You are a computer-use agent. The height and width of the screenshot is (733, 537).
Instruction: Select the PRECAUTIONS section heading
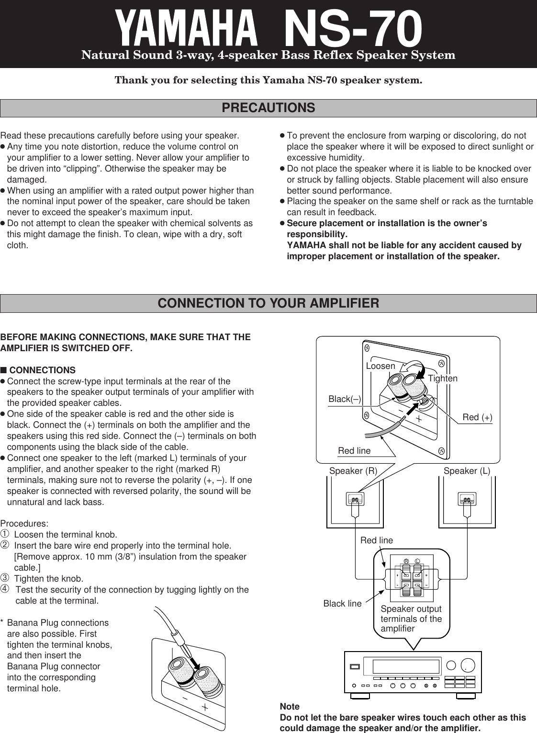[x=268, y=108]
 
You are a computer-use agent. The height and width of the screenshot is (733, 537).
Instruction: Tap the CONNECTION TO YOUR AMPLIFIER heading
[x=268, y=303]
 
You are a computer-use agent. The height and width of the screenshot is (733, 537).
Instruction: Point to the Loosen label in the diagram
[x=380, y=366]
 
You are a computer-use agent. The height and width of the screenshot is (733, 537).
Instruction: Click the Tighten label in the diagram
[x=443, y=378]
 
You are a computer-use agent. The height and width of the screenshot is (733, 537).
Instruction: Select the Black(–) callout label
[x=345, y=399]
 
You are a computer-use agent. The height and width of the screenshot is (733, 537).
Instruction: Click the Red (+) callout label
[x=477, y=417]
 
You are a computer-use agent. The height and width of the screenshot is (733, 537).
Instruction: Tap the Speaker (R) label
[x=353, y=471]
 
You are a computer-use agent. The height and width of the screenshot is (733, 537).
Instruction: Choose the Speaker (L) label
[x=467, y=471]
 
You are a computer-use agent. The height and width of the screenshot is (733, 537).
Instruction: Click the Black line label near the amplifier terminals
[x=342, y=604]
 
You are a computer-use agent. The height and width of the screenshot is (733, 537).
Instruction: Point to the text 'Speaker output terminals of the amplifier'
[x=411, y=618]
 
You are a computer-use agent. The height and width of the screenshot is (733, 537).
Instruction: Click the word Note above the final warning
[x=290, y=707]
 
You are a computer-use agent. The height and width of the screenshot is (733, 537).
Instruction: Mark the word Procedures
[x=24, y=524]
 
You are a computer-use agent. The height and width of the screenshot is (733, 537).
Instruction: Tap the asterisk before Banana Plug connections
[x=2, y=623]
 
